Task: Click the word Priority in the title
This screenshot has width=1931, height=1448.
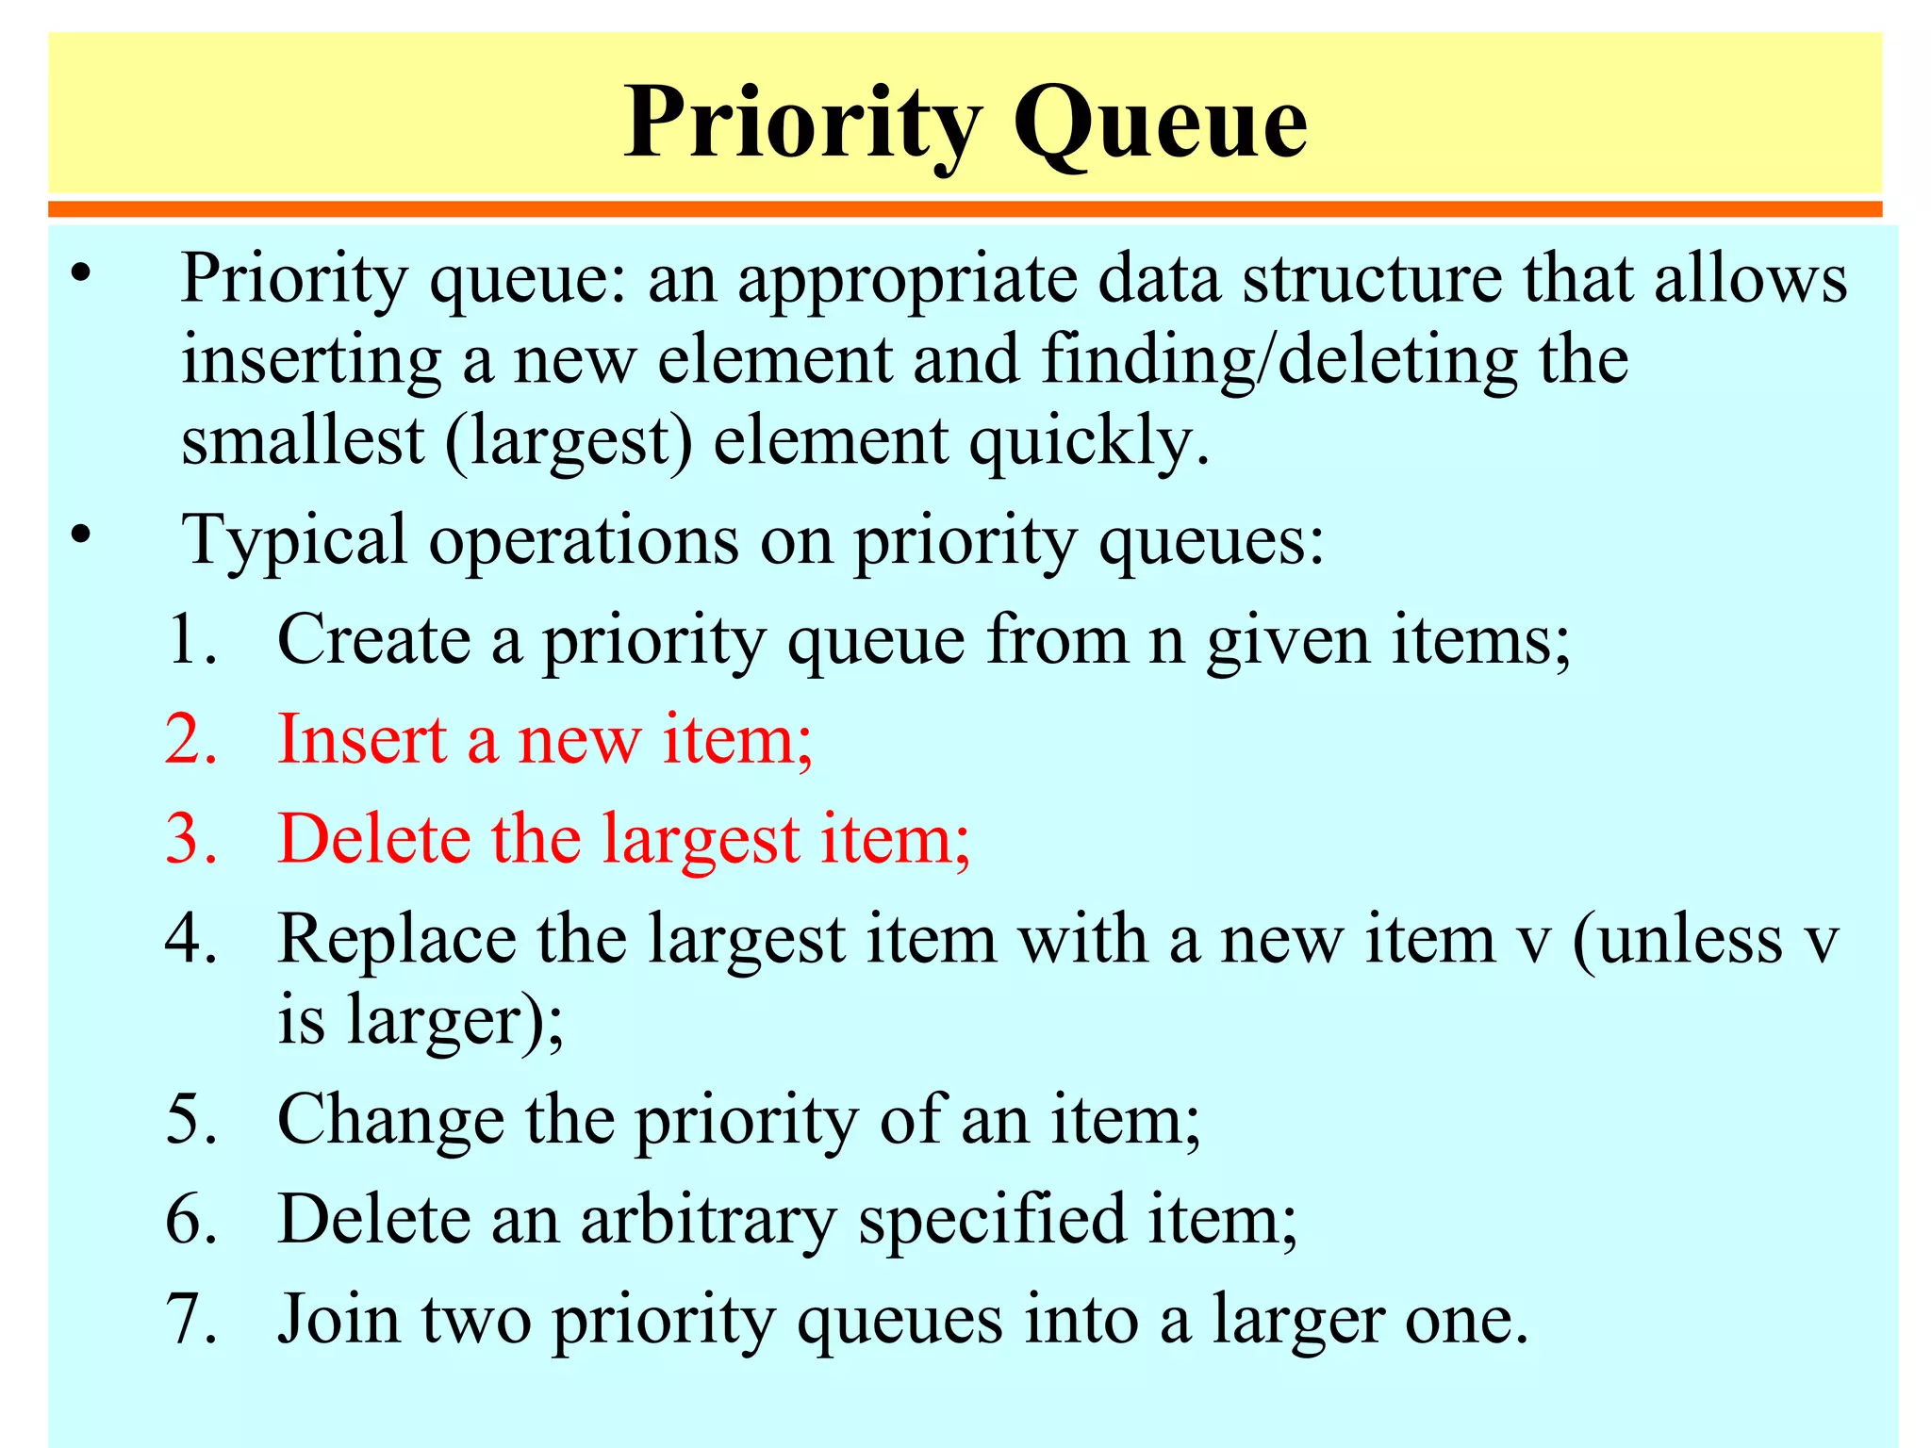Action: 803,124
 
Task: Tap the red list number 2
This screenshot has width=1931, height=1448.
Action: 190,739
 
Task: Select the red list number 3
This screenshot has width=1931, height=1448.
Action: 190,839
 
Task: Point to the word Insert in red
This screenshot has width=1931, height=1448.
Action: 362,739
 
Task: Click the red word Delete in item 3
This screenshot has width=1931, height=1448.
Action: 374,839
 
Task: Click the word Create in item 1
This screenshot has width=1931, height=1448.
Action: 374,640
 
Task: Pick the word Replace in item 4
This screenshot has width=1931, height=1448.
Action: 397,940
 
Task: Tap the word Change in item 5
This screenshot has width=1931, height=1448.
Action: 390,1120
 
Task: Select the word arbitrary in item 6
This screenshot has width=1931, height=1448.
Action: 708,1220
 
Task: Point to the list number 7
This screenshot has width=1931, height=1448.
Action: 190,1319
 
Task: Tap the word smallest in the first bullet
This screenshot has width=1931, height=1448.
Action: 303,441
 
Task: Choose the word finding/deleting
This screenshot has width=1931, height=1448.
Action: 1279,360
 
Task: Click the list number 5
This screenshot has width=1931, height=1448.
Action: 190,1120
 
